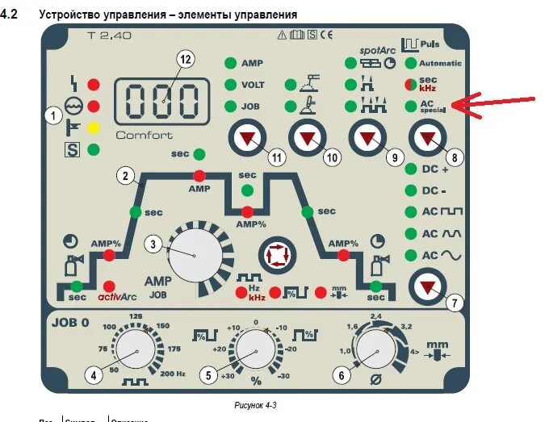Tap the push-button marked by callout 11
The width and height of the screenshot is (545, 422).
click(243, 139)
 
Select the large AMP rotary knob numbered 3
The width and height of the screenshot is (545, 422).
click(195, 254)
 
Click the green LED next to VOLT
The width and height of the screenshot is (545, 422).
click(231, 84)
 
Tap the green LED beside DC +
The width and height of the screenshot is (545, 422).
click(411, 169)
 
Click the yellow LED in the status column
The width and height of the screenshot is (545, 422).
click(94, 127)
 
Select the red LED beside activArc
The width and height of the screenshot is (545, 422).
click(108, 286)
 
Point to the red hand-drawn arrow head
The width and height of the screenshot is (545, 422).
click(455, 104)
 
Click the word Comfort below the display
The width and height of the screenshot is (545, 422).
click(144, 135)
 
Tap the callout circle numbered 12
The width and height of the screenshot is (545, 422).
click(187, 59)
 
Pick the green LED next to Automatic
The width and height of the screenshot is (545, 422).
click(411, 63)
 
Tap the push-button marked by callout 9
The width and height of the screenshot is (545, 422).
click(366, 139)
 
